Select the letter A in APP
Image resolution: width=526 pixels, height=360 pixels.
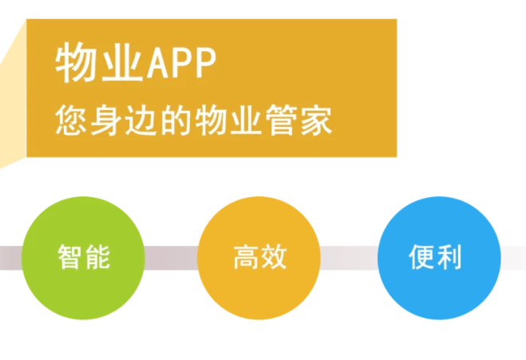coord(158,63)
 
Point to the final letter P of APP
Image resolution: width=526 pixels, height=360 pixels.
coord(205,63)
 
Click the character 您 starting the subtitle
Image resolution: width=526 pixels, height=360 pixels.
coord(71,120)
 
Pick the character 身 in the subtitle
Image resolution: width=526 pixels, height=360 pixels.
coord(105,120)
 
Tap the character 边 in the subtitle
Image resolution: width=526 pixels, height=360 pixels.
coord(141,120)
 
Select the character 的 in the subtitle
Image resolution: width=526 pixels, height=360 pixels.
coord(176,120)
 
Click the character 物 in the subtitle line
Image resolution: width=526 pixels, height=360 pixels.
coord(211,120)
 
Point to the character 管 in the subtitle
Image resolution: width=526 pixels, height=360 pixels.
coord(281,120)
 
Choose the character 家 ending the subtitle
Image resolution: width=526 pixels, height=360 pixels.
coord(316,120)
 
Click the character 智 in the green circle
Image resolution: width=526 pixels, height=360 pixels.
coord(69,257)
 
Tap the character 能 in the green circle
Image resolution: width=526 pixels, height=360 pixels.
coord(97,257)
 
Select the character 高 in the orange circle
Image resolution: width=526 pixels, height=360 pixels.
coord(246,257)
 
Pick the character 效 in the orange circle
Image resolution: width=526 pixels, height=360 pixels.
coord(274,257)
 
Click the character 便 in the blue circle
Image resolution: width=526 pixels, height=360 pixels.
coord(421,257)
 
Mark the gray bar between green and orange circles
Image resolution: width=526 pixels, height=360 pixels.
coord(171,258)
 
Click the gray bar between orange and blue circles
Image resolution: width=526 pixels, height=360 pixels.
coord(349,258)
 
